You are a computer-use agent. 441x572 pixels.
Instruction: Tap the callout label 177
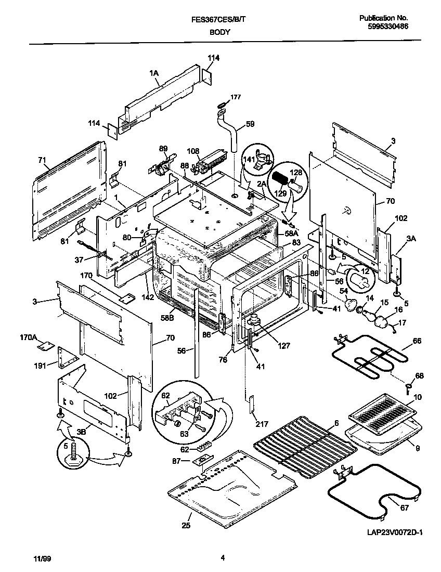[236, 97]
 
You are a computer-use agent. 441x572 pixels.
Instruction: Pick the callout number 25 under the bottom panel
[186, 526]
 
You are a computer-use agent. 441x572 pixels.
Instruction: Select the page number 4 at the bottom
[222, 558]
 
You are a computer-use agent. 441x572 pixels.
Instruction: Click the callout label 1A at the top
[154, 74]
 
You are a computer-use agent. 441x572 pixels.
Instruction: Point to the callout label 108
[193, 152]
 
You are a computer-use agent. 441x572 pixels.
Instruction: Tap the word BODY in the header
[220, 32]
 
